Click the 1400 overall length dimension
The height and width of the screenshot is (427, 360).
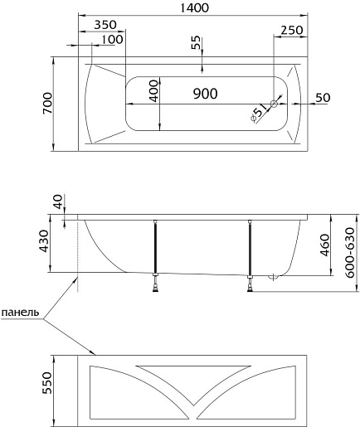(x=194, y=8)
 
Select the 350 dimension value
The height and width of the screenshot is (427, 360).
(x=105, y=25)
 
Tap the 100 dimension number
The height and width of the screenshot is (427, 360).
(x=112, y=40)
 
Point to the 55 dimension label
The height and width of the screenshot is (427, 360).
(x=196, y=42)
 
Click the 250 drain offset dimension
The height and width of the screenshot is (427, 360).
(x=292, y=30)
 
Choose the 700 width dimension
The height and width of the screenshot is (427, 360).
(x=47, y=104)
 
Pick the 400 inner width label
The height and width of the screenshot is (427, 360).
(x=153, y=91)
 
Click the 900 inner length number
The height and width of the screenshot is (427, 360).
(x=205, y=94)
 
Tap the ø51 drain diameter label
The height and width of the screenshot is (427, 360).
(x=259, y=113)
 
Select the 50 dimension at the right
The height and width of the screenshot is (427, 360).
(x=323, y=98)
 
